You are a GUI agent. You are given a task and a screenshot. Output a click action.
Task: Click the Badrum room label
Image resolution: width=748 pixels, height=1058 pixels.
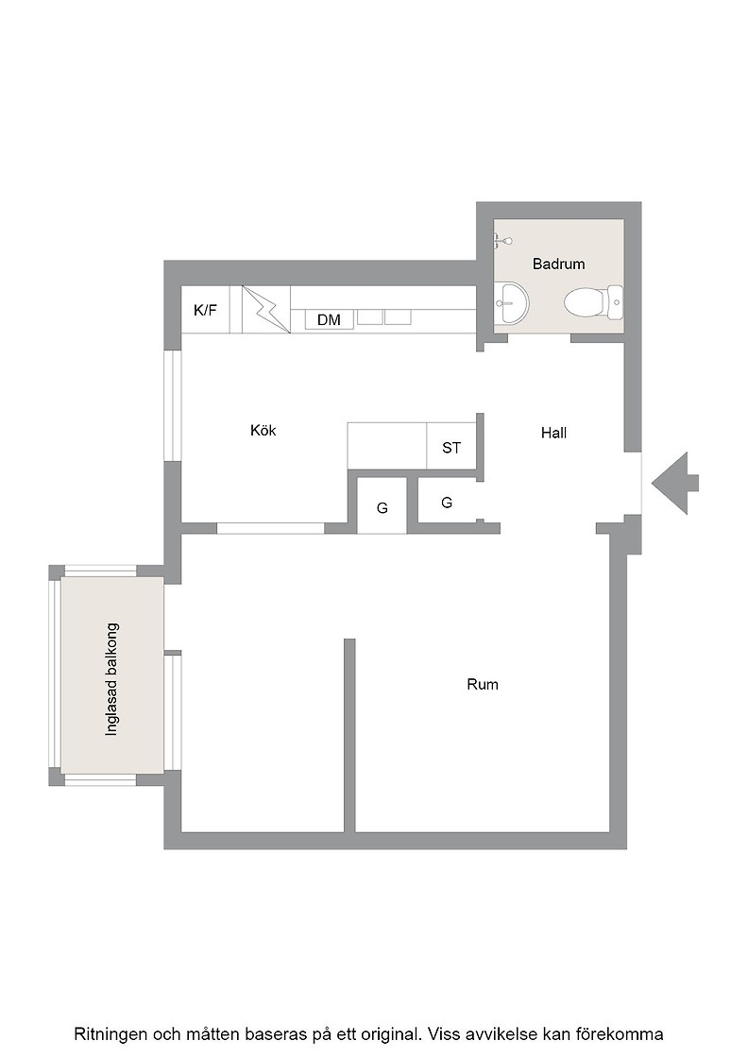coord(558,264)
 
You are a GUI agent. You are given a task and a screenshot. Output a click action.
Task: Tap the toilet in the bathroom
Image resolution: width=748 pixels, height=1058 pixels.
coord(593,303)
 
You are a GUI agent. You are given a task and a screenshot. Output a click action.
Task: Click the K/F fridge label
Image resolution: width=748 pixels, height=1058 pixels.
coord(206,311)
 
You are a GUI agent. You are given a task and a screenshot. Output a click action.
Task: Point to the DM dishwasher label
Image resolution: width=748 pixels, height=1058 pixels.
coord(329,320)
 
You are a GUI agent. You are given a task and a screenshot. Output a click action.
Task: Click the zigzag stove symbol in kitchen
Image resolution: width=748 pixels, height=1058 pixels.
coord(266,309)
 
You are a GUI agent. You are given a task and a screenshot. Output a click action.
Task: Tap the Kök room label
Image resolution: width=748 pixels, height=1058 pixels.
coord(263,431)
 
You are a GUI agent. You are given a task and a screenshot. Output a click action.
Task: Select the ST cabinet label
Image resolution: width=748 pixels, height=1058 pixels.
coord(451,448)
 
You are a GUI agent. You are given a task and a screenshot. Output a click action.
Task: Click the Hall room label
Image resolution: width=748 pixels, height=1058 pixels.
coord(553,434)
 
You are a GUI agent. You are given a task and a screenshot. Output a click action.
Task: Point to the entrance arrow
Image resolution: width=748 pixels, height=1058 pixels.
coord(674,483)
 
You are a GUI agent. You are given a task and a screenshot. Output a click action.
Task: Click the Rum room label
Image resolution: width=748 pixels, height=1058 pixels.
coord(483,684)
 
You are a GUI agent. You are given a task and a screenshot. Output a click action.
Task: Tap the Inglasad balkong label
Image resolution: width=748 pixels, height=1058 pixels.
coord(111,679)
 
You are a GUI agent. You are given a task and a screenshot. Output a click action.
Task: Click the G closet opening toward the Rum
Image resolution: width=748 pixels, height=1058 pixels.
coord(382,507)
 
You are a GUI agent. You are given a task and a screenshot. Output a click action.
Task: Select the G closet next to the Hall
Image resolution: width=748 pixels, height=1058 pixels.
coord(447,502)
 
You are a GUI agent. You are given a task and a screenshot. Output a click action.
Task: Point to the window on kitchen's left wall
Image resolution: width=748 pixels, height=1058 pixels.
coord(174,405)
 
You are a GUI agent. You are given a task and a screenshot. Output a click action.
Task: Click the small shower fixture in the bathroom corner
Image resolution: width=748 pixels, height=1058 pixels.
coord(502,241)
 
